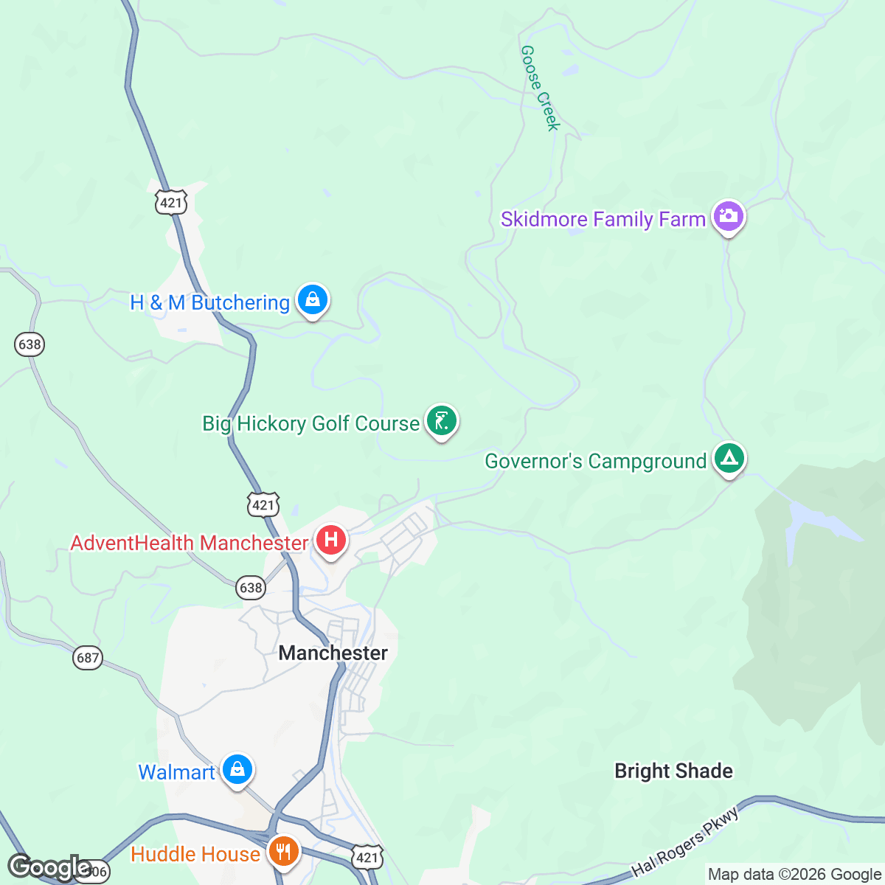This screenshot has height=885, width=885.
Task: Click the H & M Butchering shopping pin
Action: (313, 300)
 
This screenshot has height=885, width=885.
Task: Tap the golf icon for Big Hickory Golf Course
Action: (441, 421)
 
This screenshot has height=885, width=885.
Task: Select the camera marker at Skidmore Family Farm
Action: (729, 217)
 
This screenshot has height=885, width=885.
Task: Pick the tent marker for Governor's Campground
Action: (729, 459)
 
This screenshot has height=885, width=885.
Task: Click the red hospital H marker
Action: (331, 541)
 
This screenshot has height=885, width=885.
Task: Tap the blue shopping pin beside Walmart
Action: (237, 770)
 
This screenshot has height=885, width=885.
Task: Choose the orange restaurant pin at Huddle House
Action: (282, 853)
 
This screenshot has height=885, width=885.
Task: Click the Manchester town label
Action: (333, 653)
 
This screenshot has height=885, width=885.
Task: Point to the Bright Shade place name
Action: (673, 771)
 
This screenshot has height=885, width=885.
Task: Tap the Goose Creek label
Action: (541, 88)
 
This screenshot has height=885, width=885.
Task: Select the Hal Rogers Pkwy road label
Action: (685, 841)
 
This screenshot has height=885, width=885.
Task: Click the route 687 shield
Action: (87, 657)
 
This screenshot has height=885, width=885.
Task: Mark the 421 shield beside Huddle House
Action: (367, 857)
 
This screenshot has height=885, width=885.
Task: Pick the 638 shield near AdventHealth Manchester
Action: (251, 588)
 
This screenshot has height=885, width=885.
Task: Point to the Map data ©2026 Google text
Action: (794, 875)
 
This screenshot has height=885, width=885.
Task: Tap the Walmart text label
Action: (176, 772)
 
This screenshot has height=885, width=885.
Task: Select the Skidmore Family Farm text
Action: (603, 219)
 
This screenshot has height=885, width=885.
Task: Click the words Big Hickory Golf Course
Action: (310, 423)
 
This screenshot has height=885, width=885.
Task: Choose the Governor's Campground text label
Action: (595, 461)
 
